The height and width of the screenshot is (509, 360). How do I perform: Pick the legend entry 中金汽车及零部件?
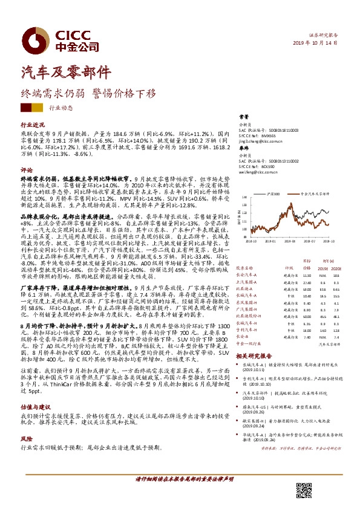(x=316, y=195)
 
